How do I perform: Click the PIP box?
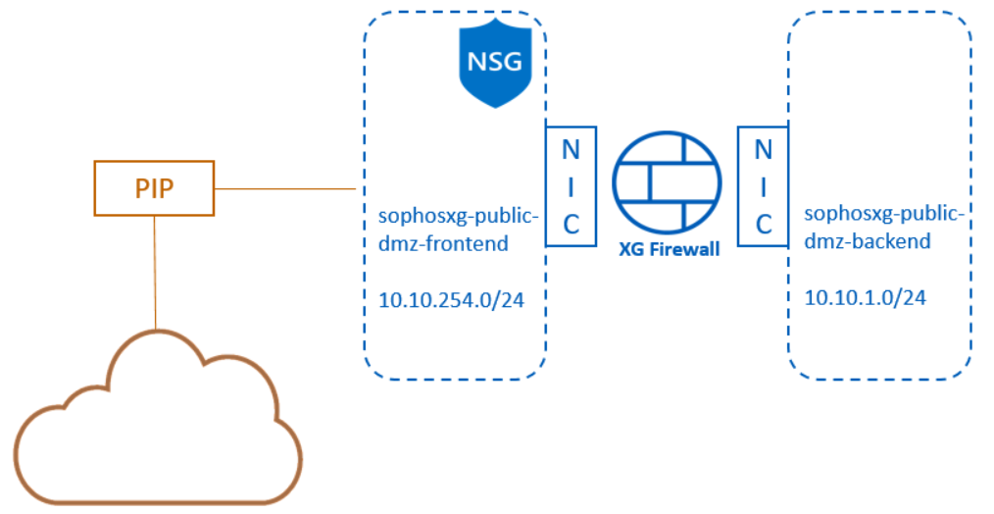(154, 188)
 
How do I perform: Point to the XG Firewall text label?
(669, 249)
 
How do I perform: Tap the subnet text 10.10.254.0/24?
(452, 299)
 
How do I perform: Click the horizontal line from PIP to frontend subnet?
(284, 188)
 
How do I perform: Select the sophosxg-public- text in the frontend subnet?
(458, 215)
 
